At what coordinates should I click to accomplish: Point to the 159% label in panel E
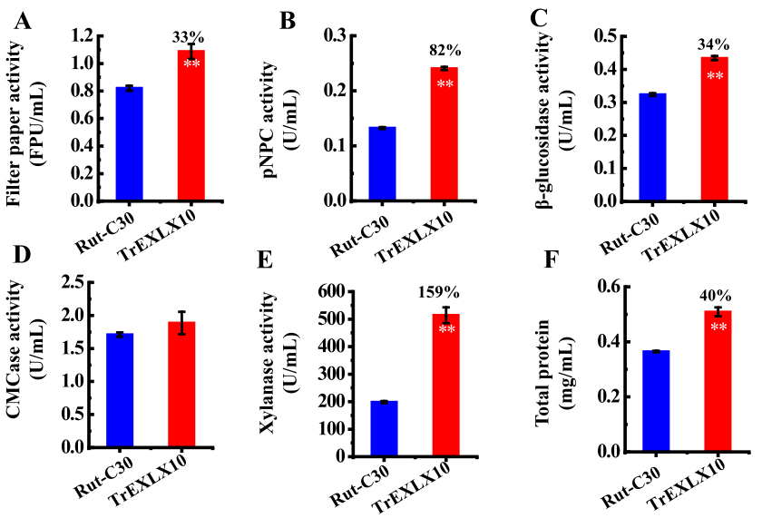click(x=439, y=292)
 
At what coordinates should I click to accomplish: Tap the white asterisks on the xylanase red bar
click(x=447, y=328)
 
